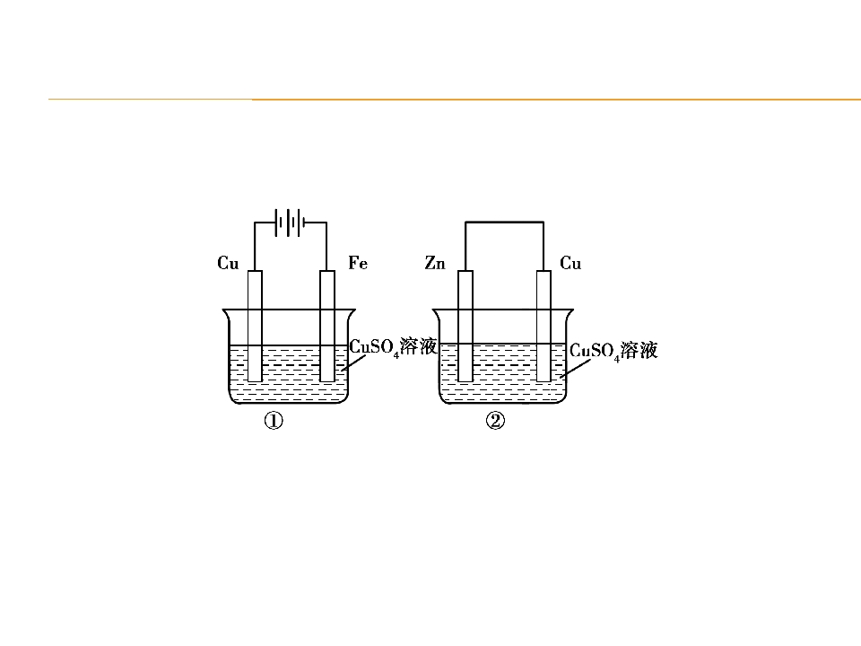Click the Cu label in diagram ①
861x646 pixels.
[228, 263]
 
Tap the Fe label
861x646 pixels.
[358, 263]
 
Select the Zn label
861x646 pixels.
[435, 263]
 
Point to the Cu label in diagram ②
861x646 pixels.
[570, 263]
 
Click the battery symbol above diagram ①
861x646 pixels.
[290, 223]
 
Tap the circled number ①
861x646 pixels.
[274, 422]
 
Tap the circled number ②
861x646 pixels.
[495, 422]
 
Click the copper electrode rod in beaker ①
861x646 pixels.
[255, 326]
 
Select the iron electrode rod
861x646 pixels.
[327, 326]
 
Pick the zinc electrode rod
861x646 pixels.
[465, 326]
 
